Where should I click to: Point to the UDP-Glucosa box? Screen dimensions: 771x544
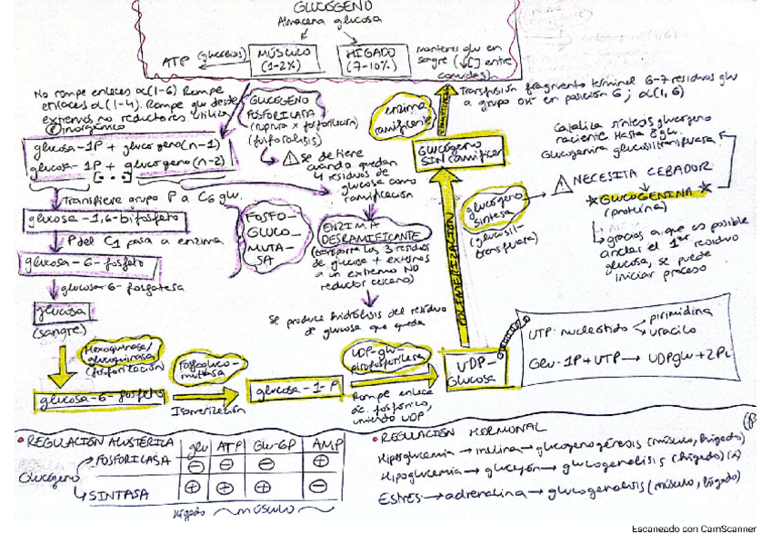[469, 370]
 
